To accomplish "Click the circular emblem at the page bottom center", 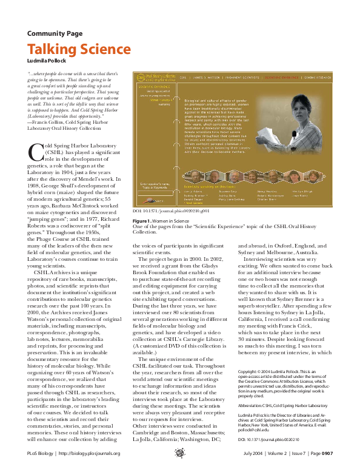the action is tap(179, 468).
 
